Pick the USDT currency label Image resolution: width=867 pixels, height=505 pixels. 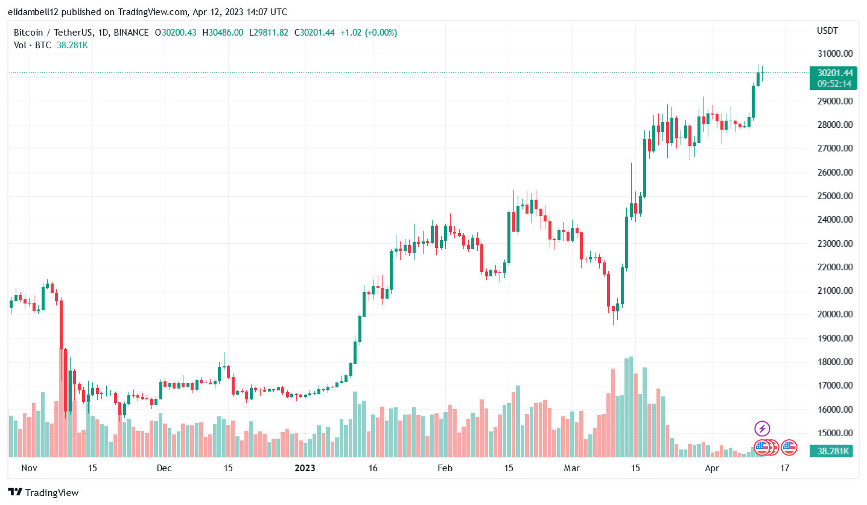coord(827,31)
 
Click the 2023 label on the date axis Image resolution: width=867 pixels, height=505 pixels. coord(305,468)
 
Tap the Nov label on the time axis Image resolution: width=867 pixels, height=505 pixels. coord(29,468)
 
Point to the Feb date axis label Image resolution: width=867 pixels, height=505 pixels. coord(445,468)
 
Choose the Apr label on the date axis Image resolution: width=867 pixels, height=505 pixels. coord(713,468)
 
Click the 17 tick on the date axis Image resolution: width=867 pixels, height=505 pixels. coord(784,468)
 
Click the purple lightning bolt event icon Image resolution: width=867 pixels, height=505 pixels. coord(762,429)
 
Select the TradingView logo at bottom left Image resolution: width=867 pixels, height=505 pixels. coord(43,492)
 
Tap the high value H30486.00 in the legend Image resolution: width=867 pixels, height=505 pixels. coord(223,33)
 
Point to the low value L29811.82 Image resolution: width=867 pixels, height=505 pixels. coord(268,33)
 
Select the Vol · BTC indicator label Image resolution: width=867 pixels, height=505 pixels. coord(33,45)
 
